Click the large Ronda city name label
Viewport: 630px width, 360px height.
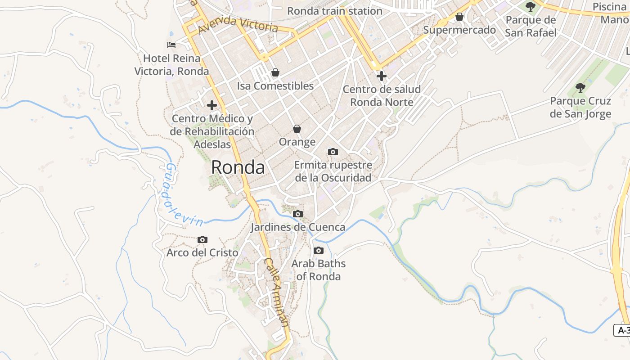[238, 167]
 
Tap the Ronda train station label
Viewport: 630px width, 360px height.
[334, 11]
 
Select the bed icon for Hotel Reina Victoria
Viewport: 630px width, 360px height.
[171, 45]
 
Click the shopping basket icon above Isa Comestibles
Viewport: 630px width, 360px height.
[275, 72]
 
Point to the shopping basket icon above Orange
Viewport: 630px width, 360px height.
[297, 129]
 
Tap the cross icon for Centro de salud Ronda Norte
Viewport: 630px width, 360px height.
[382, 76]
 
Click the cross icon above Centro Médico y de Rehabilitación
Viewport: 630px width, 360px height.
[212, 105]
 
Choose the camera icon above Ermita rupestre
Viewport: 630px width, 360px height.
[333, 152]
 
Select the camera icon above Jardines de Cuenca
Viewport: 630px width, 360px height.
[298, 214]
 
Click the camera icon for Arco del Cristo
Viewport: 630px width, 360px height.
[202, 239]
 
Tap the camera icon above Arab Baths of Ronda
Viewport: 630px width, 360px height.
[319, 250]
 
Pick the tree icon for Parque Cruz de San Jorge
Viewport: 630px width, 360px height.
[580, 87]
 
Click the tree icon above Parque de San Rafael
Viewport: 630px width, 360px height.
[531, 6]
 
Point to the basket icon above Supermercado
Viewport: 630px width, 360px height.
[459, 17]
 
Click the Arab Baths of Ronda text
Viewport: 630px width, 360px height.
[319, 270]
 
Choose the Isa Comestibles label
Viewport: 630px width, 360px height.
[275, 85]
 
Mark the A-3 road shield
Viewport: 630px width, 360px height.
[622, 330]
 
